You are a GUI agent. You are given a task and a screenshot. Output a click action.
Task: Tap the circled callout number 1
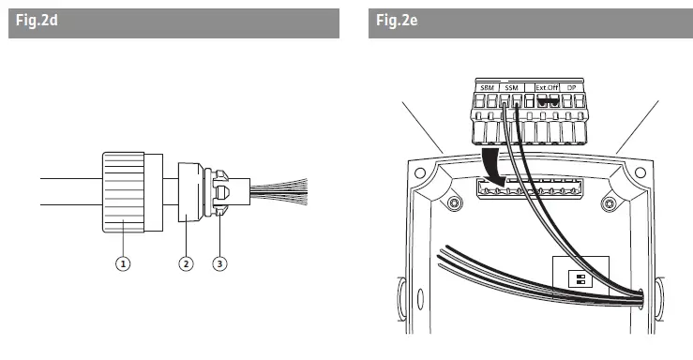(123, 263)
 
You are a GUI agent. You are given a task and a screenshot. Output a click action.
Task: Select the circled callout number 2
(186, 263)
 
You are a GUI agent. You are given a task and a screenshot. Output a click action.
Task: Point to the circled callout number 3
(219, 263)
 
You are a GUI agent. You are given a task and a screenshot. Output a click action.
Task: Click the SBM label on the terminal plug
(487, 87)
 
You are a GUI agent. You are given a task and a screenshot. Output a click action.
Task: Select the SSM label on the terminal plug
(511, 87)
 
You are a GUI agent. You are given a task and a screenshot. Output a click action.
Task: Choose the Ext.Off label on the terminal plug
(547, 87)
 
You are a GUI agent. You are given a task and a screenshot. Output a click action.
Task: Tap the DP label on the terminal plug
(575, 87)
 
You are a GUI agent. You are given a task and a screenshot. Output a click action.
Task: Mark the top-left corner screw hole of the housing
(418, 172)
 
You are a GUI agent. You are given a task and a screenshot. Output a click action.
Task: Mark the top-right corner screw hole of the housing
(640, 172)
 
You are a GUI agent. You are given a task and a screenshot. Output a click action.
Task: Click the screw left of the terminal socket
(455, 204)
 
